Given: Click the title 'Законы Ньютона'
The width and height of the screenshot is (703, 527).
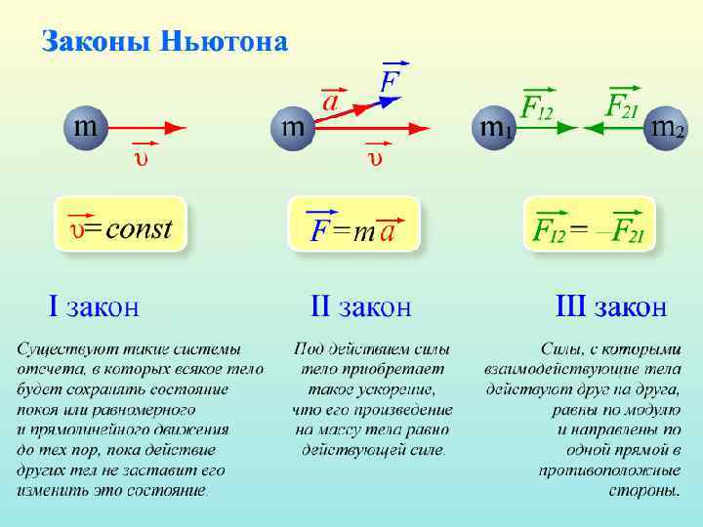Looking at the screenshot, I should (x=164, y=43).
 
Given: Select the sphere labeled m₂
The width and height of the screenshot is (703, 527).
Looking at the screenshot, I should (x=667, y=127).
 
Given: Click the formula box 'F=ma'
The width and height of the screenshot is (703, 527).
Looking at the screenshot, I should (x=353, y=230).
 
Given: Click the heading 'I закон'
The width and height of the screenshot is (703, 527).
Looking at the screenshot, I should (x=94, y=307).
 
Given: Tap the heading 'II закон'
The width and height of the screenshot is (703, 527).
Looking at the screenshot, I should (x=360, y=307).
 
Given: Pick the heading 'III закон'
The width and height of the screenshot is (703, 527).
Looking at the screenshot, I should (x=611, y=307).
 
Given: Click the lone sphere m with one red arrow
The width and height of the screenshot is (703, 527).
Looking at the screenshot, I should (x=86, y=127).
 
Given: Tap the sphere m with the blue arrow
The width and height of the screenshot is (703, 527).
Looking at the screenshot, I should (x=291, y=127).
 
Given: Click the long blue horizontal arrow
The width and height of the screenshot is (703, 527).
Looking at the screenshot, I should (x=391, y=127).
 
